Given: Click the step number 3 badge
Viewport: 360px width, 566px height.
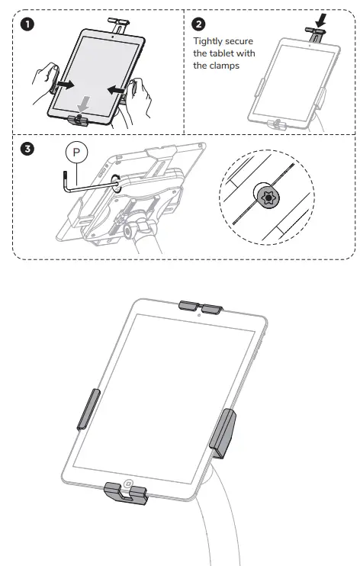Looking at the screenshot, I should point(28,149).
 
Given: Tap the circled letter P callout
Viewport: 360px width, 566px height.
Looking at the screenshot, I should point(77,153).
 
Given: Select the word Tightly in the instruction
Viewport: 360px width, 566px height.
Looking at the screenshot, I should point(209,41).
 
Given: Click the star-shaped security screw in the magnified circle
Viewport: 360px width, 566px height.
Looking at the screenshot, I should point(268,198).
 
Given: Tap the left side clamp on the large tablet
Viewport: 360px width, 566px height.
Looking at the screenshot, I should point(88,407).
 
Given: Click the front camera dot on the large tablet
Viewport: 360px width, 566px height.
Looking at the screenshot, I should point(198,314).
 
